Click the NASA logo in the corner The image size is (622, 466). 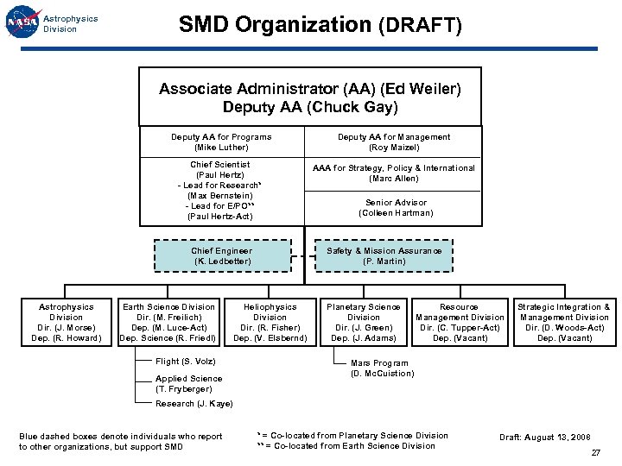(22, 23)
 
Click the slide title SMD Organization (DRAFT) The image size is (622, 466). (320, 25)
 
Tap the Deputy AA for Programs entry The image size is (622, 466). (221, 142)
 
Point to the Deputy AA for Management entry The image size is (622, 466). (394, 142)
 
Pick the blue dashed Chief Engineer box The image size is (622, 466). (222, 256)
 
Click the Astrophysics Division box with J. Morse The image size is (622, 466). (67, 322)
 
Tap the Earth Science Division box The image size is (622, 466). (169, 322)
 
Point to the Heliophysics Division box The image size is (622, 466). (270, 322)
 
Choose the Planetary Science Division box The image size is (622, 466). (364, 322)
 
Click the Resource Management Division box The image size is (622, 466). (460, 322)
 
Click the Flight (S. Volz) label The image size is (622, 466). (186, 362)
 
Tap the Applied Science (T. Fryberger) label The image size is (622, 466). (189, 384)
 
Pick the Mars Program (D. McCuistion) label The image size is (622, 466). (383, 368)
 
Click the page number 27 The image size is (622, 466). (595, 453)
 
